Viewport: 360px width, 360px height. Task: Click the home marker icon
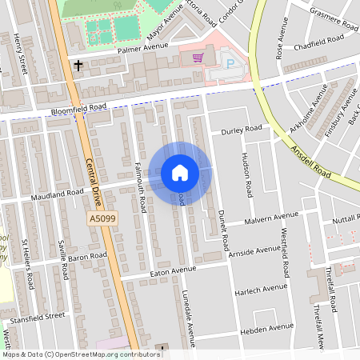(x=180, y=173)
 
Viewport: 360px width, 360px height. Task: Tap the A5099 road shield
(x=101, y=218)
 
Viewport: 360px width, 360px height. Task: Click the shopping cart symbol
(x=198, y=57)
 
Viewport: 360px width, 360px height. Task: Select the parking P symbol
(x=231, y=63)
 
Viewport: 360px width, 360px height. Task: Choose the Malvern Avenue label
(x=271, y=218)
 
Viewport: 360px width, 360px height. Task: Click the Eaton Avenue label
(x=173, y=274)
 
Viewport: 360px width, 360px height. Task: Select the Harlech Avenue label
(x=261, y=289)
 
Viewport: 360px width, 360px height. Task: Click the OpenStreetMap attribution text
(x=80, y=354)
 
